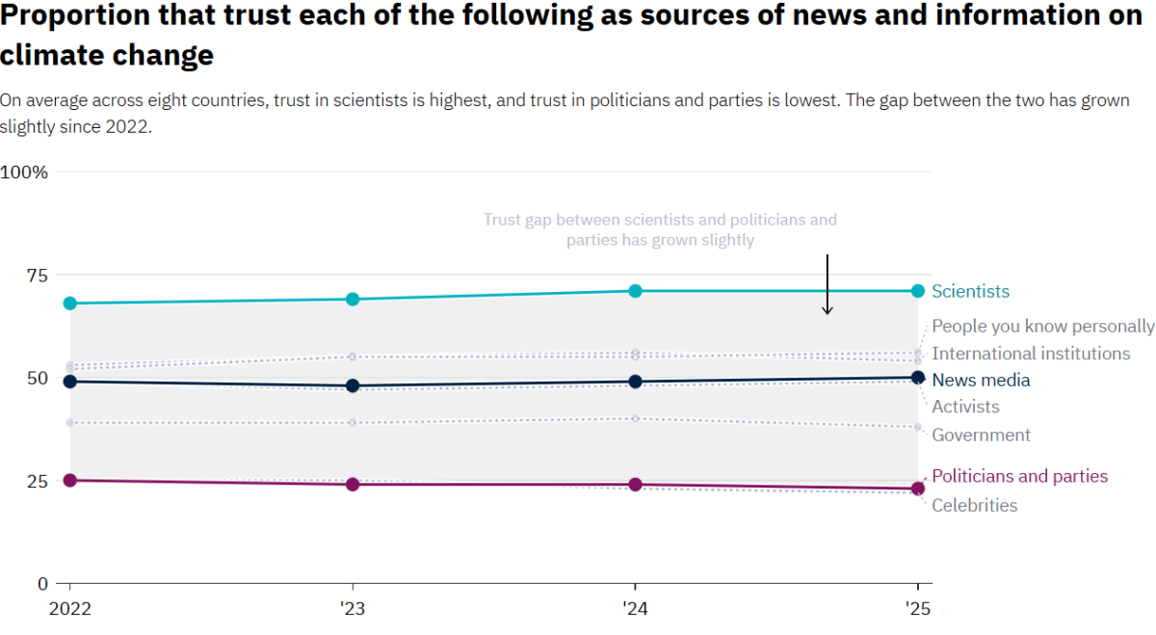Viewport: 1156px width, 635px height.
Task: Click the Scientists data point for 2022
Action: coord(69,304)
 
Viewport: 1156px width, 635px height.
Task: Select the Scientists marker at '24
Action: coord(635,291)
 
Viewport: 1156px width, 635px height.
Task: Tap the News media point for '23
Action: coord(353,385)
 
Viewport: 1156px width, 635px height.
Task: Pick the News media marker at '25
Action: coord(917,378)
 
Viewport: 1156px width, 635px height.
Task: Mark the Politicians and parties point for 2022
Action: coord(69,480)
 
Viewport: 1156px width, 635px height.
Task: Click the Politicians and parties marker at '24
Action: coord(635,485)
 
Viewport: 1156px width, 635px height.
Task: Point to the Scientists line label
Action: coord(970,291)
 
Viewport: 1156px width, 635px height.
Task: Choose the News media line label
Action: coord(981,380)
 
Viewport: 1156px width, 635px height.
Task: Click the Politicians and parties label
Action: coord(1019,476)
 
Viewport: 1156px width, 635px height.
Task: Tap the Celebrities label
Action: coord(974,505)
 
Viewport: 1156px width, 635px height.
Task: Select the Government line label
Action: coord(981,435)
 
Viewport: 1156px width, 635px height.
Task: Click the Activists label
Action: coord(965,407)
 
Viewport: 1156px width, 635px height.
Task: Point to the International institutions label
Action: coord(1031,354)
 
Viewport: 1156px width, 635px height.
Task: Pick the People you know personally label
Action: coord(1042,327)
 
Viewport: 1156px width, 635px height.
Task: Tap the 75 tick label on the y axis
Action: coord(37,276)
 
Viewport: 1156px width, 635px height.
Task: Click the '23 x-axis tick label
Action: coord(353,608)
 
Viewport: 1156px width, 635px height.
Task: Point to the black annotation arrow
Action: coord(827,284)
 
